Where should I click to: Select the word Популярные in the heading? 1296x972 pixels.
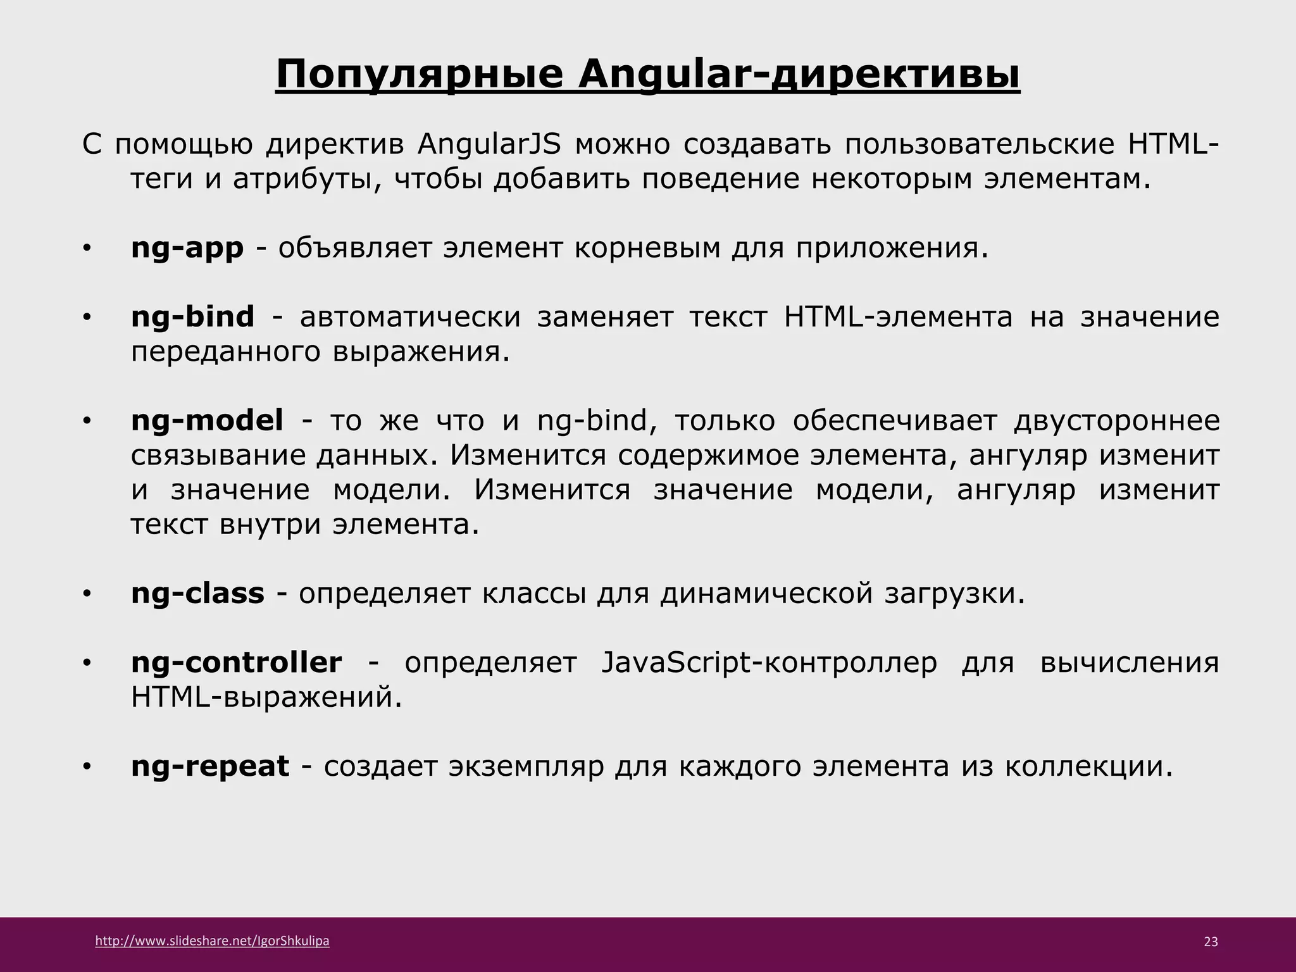(419, 75)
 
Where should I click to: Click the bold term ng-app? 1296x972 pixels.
(187, 248)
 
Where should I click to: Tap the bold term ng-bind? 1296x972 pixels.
(192, 316)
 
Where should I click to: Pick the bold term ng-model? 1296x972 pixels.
(207, 420)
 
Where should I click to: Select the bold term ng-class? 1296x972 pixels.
(197, 593)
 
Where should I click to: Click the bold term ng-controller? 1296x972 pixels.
(236, 663)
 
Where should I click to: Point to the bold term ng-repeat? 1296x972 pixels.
(209, 766)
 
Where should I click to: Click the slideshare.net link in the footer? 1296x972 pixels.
(212, 941)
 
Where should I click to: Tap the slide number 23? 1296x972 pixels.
(1210, 942)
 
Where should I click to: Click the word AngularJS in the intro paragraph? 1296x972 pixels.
(489, 145)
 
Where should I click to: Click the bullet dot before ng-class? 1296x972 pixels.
(87, 594)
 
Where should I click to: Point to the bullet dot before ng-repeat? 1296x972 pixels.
(87, 768)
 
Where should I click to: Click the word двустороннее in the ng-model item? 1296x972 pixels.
(1116, 420)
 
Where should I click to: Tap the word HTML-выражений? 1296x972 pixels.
(266, 697)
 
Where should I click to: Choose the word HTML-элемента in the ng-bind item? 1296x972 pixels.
(898, 316)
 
